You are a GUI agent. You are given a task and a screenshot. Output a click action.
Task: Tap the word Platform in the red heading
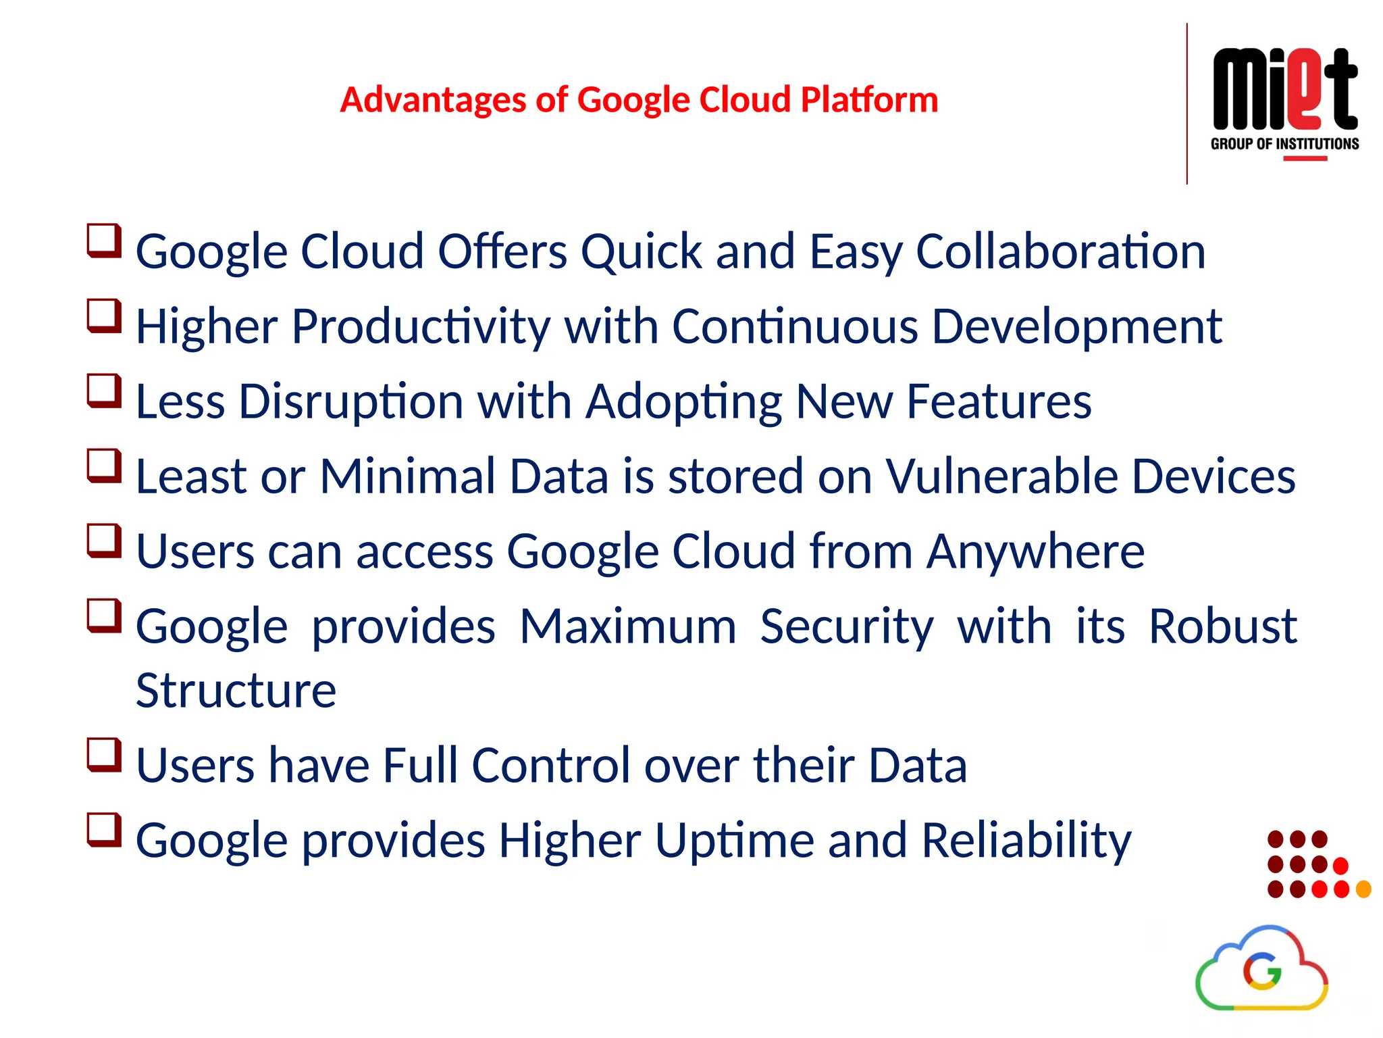(x=869, y=100)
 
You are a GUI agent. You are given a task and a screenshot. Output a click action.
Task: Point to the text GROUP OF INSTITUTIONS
(x=1284, y=144)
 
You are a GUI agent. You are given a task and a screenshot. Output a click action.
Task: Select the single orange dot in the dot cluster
(x=1363, y=889)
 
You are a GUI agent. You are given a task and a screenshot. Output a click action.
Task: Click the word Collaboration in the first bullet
(x=1060, y=251)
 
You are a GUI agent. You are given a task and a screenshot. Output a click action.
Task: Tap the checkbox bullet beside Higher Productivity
(x=104, y=316)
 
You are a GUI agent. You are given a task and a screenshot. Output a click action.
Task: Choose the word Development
(x=1076, y=326)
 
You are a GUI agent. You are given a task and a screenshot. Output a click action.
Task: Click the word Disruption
(x=350, y=401)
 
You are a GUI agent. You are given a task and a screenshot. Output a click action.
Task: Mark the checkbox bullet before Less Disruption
(x=104, y=391)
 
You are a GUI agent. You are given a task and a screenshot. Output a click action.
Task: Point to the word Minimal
(x=407, y=476)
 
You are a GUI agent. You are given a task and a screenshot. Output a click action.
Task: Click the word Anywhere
(x=1035, y=551)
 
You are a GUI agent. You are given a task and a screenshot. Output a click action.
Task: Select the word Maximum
(x=627, y=626)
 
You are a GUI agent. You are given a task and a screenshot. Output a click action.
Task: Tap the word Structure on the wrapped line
(x=236, y=691)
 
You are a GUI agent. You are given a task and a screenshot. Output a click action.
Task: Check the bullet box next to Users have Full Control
(x=104, y=756)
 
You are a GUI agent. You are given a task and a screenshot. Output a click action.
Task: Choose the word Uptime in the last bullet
(x=734, y=841)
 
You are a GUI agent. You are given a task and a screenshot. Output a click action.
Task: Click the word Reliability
(x=1026, y=841)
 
